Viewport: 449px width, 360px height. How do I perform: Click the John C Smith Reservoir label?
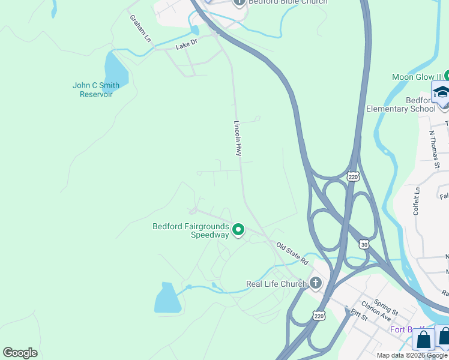(x=96, y=90)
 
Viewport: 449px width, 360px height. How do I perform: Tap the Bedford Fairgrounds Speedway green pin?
(x=238, y=229)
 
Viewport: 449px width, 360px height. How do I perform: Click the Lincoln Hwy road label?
(x=238, y=138)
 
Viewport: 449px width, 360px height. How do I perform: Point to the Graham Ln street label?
(x=140, y=28)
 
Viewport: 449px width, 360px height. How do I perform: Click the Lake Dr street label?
(x=186, y=46)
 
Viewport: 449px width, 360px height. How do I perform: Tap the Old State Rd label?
(x=292, y=254)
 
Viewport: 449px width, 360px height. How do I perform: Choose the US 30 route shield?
(x=364, y=244)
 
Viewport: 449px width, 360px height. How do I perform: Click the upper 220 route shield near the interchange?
(x=353, y=176)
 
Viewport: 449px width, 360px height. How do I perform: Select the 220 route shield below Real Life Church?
(x=319, y=314)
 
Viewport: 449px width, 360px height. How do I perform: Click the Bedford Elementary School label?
(x=401, y=104)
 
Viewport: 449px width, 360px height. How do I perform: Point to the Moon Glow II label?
(x=417, y=77)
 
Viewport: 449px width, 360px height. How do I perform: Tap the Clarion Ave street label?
(x=376, y=315)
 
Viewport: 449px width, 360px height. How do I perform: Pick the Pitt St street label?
(x=359, y=313)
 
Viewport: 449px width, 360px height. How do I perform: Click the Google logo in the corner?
(x=20, y=353)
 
